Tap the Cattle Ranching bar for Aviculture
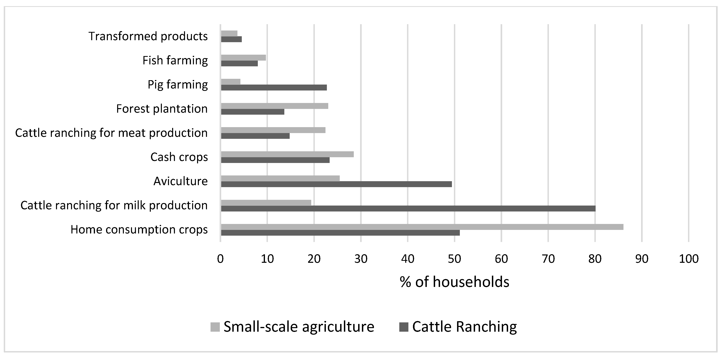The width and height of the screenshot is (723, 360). click(336, 184)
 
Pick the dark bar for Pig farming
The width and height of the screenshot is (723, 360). click(274, 88)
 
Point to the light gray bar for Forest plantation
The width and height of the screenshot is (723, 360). click(274, 106)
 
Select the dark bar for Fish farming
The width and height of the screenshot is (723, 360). click(239, 63)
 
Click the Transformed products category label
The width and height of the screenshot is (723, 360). click(148, 36)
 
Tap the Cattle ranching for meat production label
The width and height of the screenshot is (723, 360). click(111, 133)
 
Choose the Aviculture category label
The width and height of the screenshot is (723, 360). click(180, 181)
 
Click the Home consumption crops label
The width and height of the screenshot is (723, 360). click(139, 230)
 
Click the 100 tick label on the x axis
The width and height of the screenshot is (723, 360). click(689, 259)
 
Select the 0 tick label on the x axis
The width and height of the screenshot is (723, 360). click(220, 259)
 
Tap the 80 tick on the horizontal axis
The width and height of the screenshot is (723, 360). click(595, 259)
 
